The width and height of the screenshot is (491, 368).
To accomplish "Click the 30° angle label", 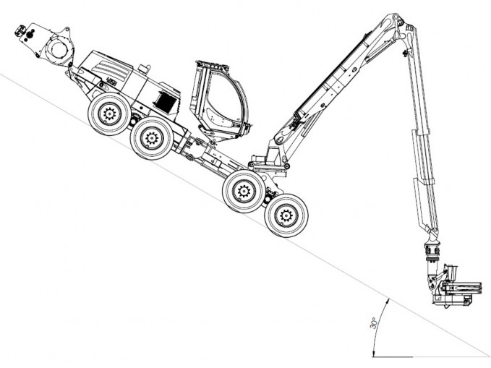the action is pyautogui.click(x=373, y=323).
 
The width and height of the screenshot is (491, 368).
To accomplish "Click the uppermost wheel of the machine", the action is pyautogui.click(x=109, y=114).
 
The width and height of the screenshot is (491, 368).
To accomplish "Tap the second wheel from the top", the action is pyautogui.click(x=152, y=138).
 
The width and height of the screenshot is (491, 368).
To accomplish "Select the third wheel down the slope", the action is pyautogui.click(x=244, y=192).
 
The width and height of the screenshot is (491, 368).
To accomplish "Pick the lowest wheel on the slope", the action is pyautogui.click(x=286, y=215).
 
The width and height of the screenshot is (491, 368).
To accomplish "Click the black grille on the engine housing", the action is pyautogui.click(x=166, y=102).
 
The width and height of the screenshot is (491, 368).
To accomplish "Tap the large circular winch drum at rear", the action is pyautogui.click(x=59, y=49).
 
